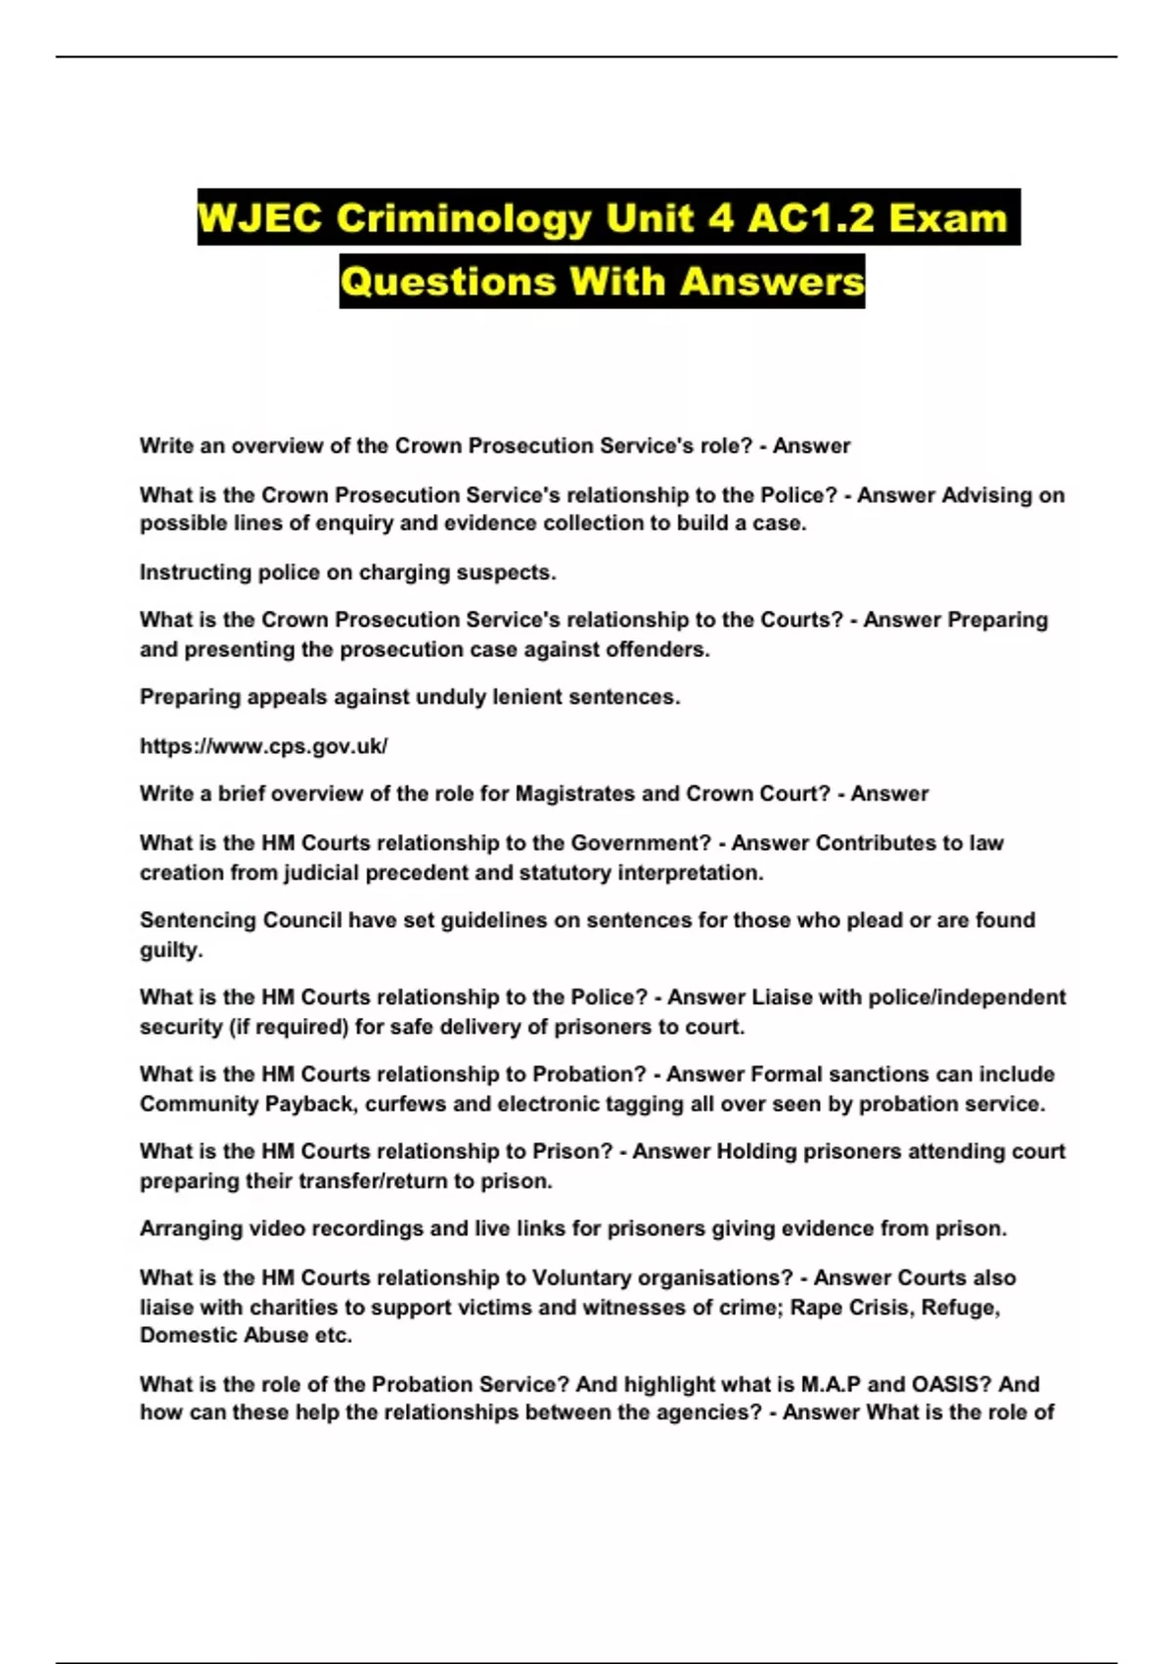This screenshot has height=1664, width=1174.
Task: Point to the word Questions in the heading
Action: pyautogui.click(x=448, y=282)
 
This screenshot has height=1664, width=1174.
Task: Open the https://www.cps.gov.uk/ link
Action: pyautogui.click(x=263, y=746)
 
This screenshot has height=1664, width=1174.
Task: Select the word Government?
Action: pyautogui.click(x=641, y=843)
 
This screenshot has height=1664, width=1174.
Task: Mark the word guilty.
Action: pyautogui.click(x=171, y=949)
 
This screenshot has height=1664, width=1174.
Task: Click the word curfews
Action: pyautogui.click(x=403, y=1104)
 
